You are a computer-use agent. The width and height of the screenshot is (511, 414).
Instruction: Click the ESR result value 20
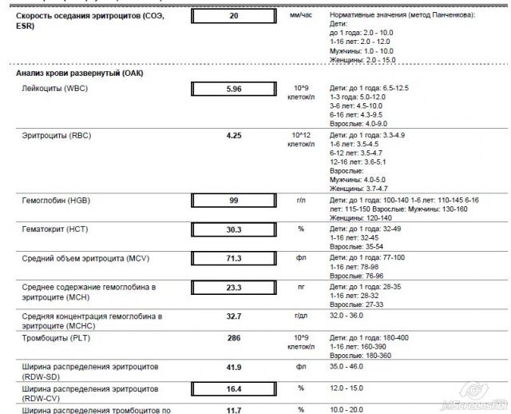pyautogui.click(x=233, y=16)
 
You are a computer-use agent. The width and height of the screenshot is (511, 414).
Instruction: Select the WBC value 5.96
pyautogui.click(x=233, y=88)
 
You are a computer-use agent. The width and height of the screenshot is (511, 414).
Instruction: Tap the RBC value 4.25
pyautogui.click(x=233, y=136)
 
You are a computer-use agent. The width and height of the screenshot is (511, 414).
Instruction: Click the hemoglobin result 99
pyautogui.click(x=233, y=200)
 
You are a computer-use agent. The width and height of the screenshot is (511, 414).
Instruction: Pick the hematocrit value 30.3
pyautogui.click(x=233, y=229)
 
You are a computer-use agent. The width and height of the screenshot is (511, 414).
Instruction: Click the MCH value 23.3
pyautogui.click(x=233, y=287)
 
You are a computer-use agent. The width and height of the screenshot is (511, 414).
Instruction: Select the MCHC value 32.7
pyautogui.click(x=233, y=316)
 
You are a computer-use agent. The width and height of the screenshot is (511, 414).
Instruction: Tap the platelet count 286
pyautogui.click(x=233, y=339)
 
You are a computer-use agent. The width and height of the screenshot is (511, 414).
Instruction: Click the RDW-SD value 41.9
pyautogui.click(x=233, y=368)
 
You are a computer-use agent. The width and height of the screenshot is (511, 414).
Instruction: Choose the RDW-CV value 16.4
pyautogui.click(x=233, y=389)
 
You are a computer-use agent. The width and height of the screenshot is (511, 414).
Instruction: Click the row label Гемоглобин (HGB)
pyautogui.click(x=55, y=200)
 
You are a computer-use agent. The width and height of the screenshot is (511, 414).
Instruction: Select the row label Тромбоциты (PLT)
pyautogui.click(x=55, y=339)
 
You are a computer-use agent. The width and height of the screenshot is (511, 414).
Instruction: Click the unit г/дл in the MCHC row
pyautogui.click(x=301, y=316)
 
